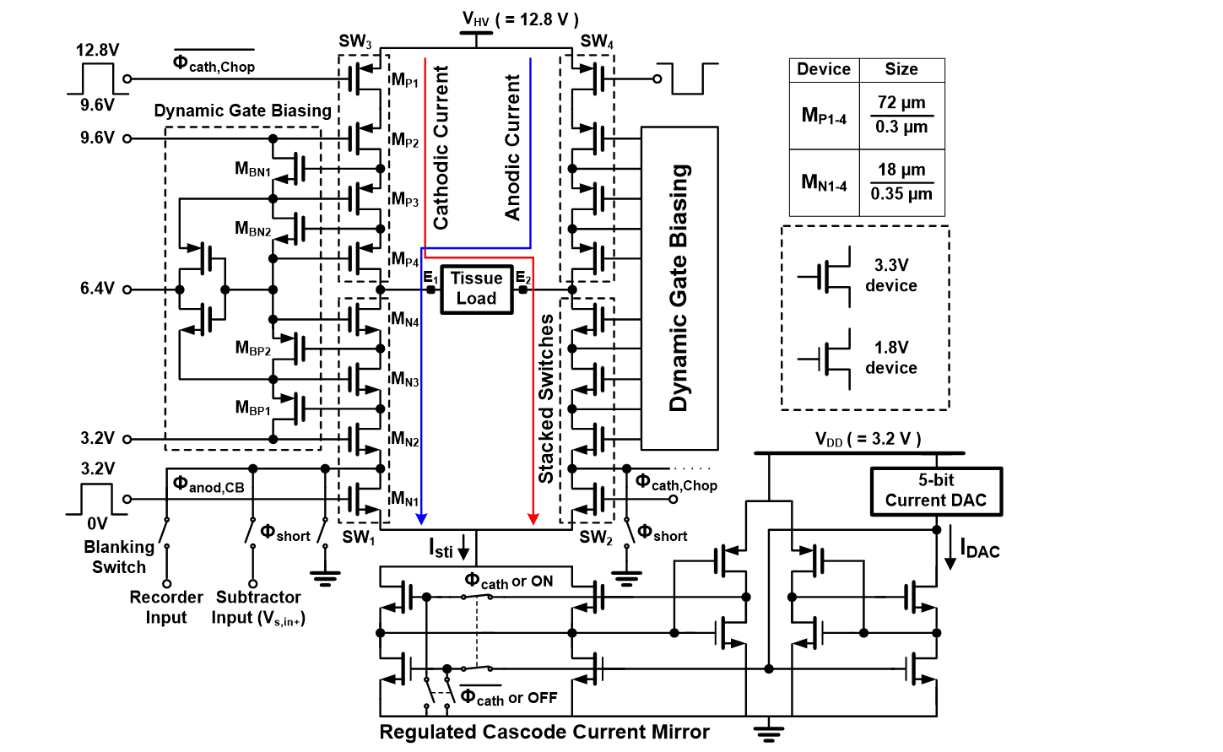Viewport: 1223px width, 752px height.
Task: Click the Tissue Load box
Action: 476,289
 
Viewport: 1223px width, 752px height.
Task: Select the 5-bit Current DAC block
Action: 936,491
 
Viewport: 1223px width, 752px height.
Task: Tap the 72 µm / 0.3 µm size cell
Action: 901,116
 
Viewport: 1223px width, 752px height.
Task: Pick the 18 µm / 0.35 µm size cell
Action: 901,182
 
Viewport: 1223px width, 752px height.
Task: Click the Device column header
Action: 824,69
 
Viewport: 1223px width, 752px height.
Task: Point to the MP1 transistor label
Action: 404,81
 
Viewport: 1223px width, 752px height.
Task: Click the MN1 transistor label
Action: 404,499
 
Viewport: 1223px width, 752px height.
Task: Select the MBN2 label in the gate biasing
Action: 253,229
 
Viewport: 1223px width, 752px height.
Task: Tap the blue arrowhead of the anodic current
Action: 421,519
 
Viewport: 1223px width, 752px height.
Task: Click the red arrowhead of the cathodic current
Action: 533,519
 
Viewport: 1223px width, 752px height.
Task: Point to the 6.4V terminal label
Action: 97,289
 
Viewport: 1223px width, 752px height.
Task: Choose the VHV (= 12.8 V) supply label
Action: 520,19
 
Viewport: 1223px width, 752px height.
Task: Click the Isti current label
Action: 441,548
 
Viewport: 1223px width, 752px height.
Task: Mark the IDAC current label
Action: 980,549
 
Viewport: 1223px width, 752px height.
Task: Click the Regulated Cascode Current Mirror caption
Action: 544,732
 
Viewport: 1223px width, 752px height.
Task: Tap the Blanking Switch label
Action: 119,557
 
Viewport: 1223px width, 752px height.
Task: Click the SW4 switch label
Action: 597,41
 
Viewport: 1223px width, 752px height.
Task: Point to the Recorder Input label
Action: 166,608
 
